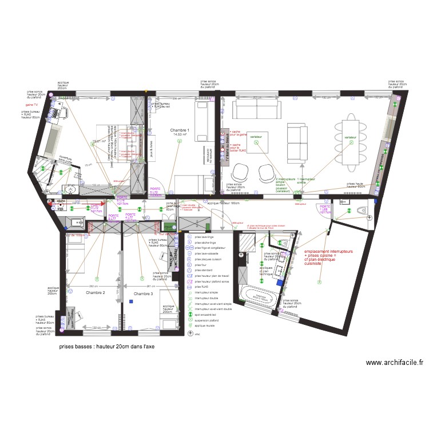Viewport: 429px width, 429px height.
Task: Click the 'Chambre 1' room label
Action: [x=180, y=130]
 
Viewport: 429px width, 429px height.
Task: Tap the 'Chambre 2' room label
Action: [x=96, y=293]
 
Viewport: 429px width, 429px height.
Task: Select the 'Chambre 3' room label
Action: [x=144, y=294]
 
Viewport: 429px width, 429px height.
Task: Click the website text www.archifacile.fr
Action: [x=395, y=362]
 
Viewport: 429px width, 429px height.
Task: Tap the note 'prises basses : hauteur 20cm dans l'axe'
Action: [x=106, y=347]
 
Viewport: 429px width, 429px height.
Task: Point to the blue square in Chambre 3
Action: [x=130, y=301]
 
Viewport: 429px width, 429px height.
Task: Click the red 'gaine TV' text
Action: [x=31, y=105]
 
